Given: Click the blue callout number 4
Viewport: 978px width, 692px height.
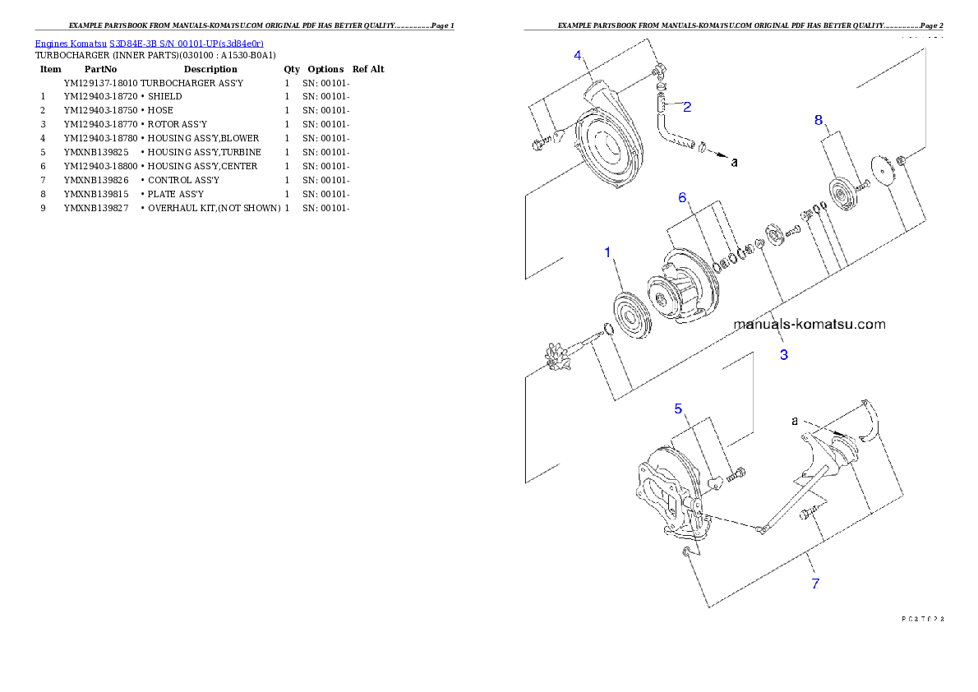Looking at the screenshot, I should click(578, 55).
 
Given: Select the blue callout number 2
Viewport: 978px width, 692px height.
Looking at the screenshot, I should click(687, 106).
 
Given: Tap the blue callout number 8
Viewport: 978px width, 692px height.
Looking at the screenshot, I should click(818, 120).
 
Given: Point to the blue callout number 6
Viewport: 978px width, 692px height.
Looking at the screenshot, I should click(681, 198).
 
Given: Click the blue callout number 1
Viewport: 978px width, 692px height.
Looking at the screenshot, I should click(608, 252).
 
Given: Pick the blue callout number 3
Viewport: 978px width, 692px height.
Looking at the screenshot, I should click(784, 355).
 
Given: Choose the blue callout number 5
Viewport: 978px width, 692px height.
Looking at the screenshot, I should click(678, 408).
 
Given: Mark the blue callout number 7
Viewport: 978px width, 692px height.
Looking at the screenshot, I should click(815, 584).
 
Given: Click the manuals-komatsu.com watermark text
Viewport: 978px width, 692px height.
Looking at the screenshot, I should click(810, 324).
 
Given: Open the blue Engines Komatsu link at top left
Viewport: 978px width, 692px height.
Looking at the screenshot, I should click(149, 43).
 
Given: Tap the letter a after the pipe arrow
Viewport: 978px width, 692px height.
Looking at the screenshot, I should click(734, 162).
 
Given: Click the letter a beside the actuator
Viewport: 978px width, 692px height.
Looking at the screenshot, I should click(795, 420).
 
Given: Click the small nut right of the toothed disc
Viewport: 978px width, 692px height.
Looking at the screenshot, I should click(902, 158).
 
